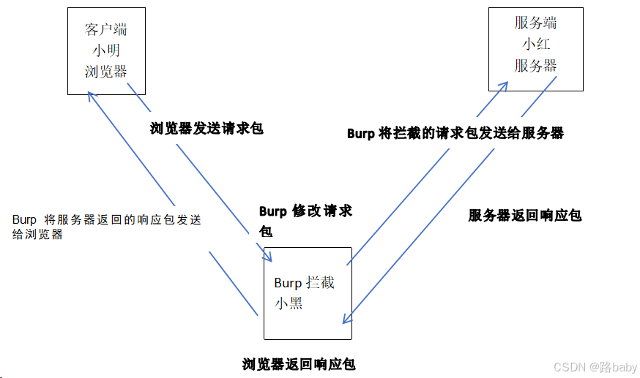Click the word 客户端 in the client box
click(106, 30)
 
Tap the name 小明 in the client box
click(106, 50)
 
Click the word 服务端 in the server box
click(535, 23)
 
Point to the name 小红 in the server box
click(535, 44)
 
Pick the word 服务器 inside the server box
click(535, 65)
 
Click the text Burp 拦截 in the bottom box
click(304, 283)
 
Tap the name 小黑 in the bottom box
click(289, 303)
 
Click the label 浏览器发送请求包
click(206, 129)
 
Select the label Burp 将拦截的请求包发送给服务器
click(455, 134)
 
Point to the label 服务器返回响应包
click(524, 216)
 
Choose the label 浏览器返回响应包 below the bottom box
click(299, 363)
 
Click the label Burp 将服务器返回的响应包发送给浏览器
click(106, 227)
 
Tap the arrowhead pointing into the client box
click(90, 94)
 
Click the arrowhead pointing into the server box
click(505, 85)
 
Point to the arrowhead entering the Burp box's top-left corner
click(269, 257)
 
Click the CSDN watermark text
click(571, 366)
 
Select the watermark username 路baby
click(614, 366)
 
